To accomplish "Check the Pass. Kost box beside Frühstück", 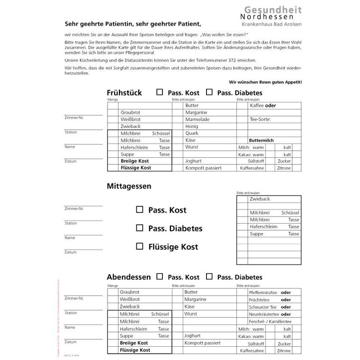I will coord(160,92).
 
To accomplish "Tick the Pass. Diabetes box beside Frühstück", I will coord(209,92).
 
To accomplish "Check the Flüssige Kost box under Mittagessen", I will coord(139,246).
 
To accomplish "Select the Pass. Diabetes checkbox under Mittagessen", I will coord(139,228).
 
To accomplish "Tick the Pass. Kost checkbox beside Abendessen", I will coord(160,276).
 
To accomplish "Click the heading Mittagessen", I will coord(129,186).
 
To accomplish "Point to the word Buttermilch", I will coord(261,141).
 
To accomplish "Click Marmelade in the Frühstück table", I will coord(197,119).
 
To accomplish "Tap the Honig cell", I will coord(192,126).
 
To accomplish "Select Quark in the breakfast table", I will coord(192,134).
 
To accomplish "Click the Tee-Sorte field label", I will coord(260,119).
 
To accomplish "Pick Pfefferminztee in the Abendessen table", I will coord(263,292).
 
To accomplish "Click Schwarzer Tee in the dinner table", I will coord(263,307).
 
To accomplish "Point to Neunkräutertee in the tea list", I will coord(263,314).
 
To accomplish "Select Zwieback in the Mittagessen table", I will coord(260,199).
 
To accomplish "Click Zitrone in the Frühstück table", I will coord(284,168).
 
